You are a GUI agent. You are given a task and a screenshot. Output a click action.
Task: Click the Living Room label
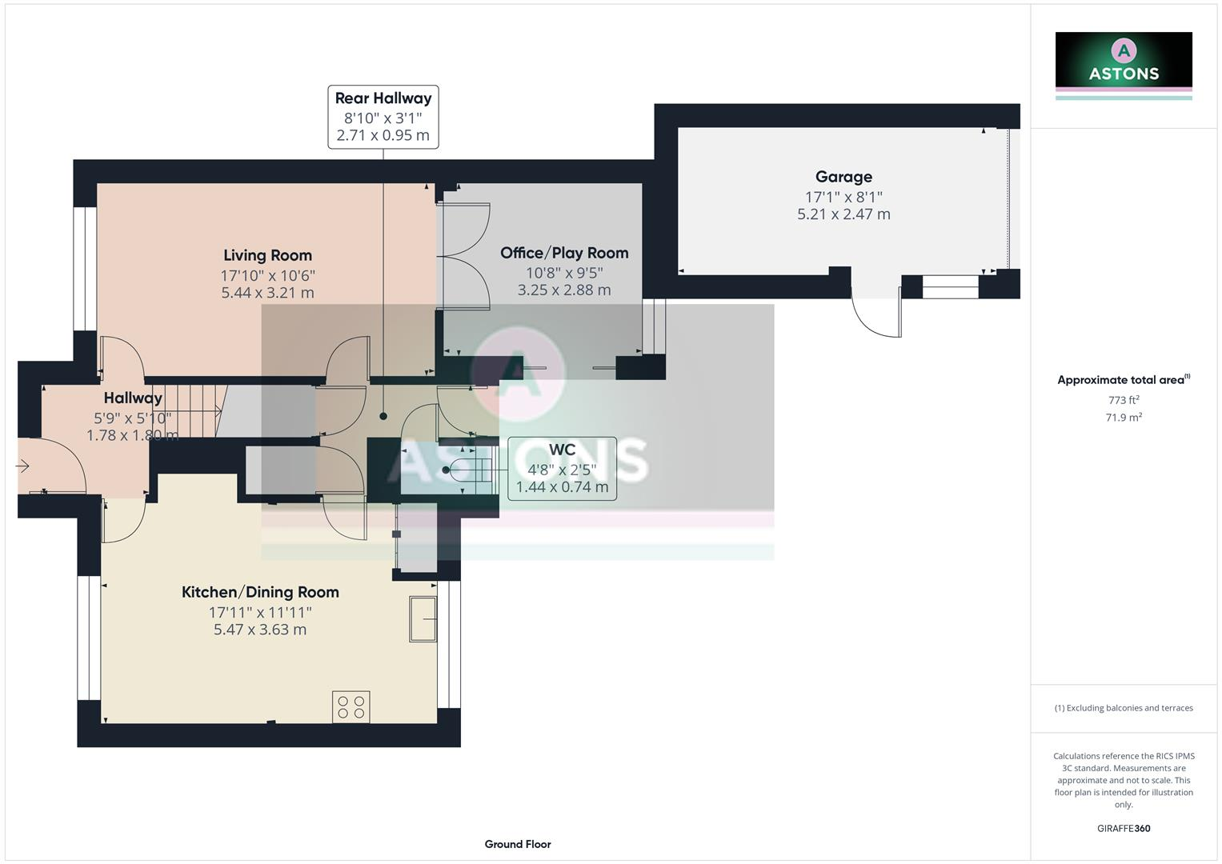tap(267, 255)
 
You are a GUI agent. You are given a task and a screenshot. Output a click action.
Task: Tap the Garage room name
tap(843, 177)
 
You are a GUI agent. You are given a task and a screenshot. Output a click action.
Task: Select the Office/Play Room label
tap(564, 253)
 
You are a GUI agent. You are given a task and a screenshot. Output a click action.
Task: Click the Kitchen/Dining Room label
tap(260, 592)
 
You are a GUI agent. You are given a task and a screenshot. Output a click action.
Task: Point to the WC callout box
tap(562, 469)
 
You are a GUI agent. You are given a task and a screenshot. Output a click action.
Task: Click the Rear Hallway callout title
tap(383, 98)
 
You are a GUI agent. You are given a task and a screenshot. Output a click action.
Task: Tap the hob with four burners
tap(351, 706)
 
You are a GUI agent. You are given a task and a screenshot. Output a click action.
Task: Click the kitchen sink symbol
tap(423, 618)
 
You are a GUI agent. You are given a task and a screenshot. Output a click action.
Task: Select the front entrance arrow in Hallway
tap(22, 466)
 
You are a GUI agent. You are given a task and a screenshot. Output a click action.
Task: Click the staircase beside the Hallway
tap(190, 410)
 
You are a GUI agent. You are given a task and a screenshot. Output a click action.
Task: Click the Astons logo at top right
tap(1123, 64)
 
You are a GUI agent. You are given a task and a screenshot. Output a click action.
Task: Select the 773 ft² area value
tap(1123, 400)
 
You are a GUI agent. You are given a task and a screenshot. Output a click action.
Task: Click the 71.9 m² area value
tap(1123, 418)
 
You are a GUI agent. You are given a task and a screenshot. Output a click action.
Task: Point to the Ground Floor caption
tap(517, 844)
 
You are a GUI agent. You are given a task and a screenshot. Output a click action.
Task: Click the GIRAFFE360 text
tap(1123, 828)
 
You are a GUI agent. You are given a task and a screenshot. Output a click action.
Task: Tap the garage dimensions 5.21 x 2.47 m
tap(843, 214)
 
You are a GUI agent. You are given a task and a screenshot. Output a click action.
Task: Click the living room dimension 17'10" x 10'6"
tap(267, 275)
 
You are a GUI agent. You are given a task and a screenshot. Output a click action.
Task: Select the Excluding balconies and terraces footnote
tap(1123, 708)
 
